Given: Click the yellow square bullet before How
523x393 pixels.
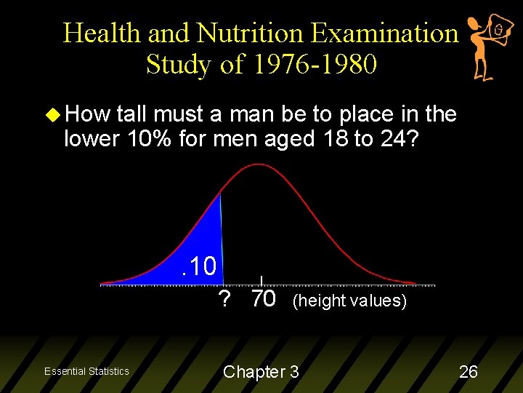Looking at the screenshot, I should [51, 114].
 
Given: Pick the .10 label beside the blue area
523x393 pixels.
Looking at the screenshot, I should [200, 266].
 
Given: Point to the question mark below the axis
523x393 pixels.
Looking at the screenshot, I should [224, 299].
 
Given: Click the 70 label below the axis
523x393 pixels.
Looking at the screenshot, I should [263, 299].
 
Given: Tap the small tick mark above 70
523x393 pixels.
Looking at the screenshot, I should [261, 279].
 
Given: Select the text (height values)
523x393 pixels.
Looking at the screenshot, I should [349, 301].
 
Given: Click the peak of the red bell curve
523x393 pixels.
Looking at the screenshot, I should [260, 166].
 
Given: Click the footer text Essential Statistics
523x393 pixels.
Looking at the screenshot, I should [86, 371].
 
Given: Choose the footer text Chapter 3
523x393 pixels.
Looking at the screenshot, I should [261, 372].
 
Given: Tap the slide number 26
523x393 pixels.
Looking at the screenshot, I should [469, 372].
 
